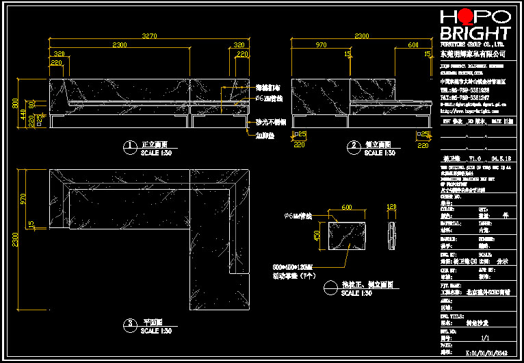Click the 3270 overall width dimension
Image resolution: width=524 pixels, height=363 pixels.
[x=149, y=36]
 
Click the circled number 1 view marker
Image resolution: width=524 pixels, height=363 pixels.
[x=129, y=146]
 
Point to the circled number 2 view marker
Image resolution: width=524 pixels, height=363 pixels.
[x=354, y=146]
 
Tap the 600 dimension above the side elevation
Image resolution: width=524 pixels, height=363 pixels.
[x=413, y=45]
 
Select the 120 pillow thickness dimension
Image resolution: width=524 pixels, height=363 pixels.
[x=392, y=206]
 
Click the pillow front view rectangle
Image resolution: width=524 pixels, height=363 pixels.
[x=347, y=235]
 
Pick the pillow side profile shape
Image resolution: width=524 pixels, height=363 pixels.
[x=391, y=234]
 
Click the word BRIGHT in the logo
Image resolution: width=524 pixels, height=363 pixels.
[x=475, y=33]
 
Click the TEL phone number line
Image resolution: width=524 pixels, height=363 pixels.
[x=464, y=90]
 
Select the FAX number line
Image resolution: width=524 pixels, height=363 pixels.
[x=464, y=97]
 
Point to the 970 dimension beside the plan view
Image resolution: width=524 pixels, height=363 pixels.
[x=24, y=199]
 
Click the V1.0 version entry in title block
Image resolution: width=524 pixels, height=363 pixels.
[x=475, y=158]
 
